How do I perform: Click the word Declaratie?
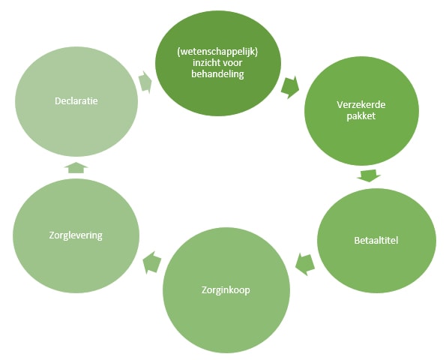click(x=76, y=101)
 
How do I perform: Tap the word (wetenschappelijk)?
click(x=217, y=52)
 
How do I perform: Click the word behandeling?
click(x=217, y=74)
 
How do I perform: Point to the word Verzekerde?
click(x=361, y=105)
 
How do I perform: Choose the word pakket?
click(x=361, y=116)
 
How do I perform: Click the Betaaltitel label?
click(x=376, y=241)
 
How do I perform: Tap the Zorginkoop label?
click(x=226, y=290)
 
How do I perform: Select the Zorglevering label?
click(x=76, y=235)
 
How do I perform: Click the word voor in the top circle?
click(x=232, y=63)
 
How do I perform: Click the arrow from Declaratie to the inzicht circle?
click(x=145, y=82)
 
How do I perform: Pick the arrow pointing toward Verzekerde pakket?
click(x=290, y=87)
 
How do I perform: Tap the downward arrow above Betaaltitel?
click(x=369, y=175)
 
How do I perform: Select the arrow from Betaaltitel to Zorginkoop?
click(x=305, y=265)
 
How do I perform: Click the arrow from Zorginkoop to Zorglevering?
click(x=152, y=262)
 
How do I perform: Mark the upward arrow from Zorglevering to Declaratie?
click(x=76, y=167)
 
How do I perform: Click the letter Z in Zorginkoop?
click(x=204, y=290)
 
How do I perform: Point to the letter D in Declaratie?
click(x=58, y=101)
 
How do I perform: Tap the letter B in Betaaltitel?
click(x=357, y=241)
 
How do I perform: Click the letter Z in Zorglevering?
click(x=52, y=235)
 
